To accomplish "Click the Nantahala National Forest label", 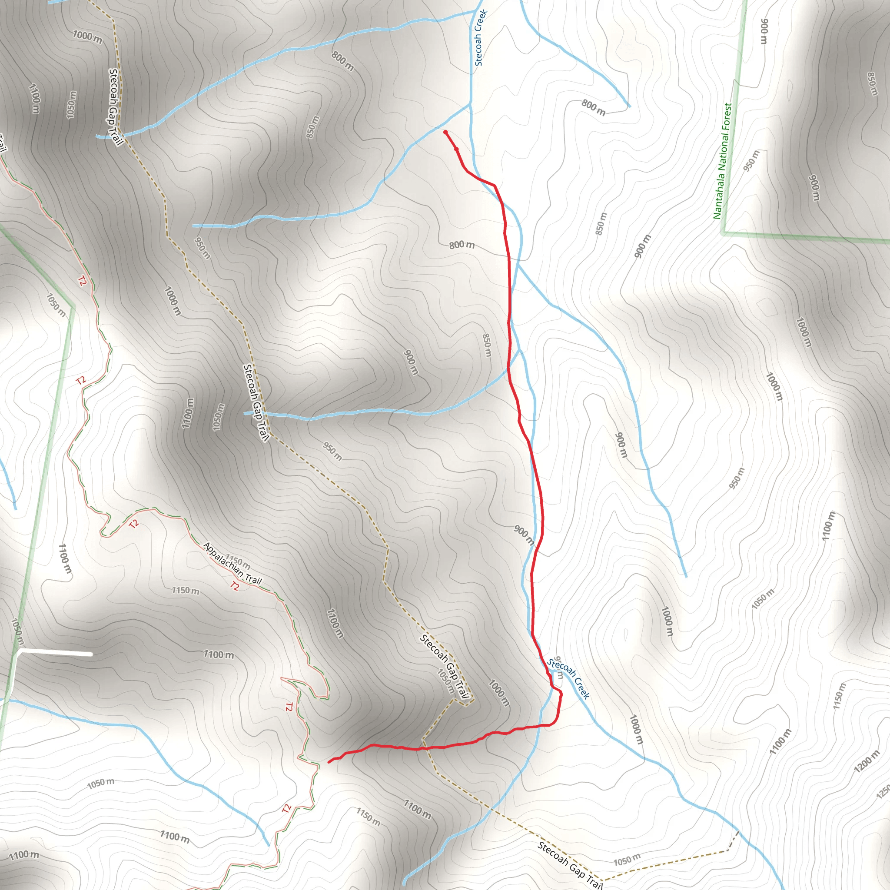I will (x=722, y=161).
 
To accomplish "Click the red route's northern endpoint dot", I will (x=445, y=132).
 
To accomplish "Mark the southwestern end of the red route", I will (x=329, y=762).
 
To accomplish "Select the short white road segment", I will (x=55, y=653).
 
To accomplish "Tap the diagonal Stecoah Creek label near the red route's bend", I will (x=568, y=678).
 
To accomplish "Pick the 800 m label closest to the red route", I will (x=462, y=245).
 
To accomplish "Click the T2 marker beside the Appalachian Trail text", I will (x=235, y=586).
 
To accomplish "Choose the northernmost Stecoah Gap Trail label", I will (x=116, y=107).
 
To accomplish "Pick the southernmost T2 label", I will (x=286, y=808).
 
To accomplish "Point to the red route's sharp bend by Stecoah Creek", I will (x=560, y=694).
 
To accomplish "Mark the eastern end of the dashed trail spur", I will (x=738, y=832).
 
